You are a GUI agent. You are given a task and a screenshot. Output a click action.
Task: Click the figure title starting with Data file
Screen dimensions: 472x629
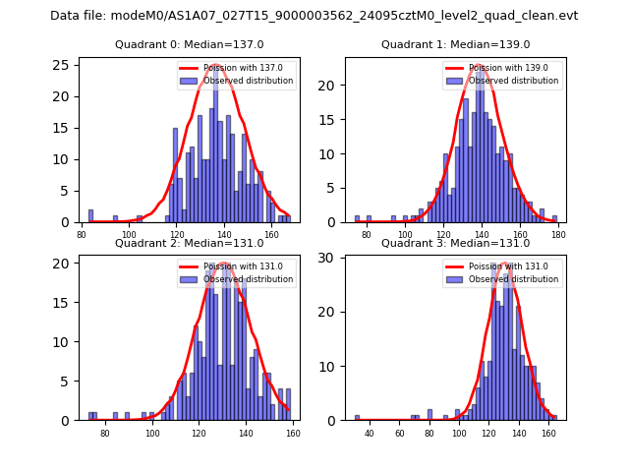[314, 16]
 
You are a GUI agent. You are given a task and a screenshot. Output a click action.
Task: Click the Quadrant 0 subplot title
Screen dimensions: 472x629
[189, 44]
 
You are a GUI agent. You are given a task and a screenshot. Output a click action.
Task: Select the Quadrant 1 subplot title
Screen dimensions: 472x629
[455, 44]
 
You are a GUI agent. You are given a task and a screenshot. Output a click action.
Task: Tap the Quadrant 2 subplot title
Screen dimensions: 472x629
[189, 243]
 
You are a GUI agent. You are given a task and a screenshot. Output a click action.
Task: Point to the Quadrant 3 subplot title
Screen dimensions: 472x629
[455, 243]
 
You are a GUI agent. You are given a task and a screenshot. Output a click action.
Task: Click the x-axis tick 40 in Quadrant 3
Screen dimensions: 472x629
[370, 433]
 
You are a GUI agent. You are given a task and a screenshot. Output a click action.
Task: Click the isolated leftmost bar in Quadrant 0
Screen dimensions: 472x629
[90, 216]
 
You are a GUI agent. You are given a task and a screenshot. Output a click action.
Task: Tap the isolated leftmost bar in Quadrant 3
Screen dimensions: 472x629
[357, 418]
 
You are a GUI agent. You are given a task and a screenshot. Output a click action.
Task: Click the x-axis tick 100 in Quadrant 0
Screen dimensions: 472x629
[129, 234]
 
